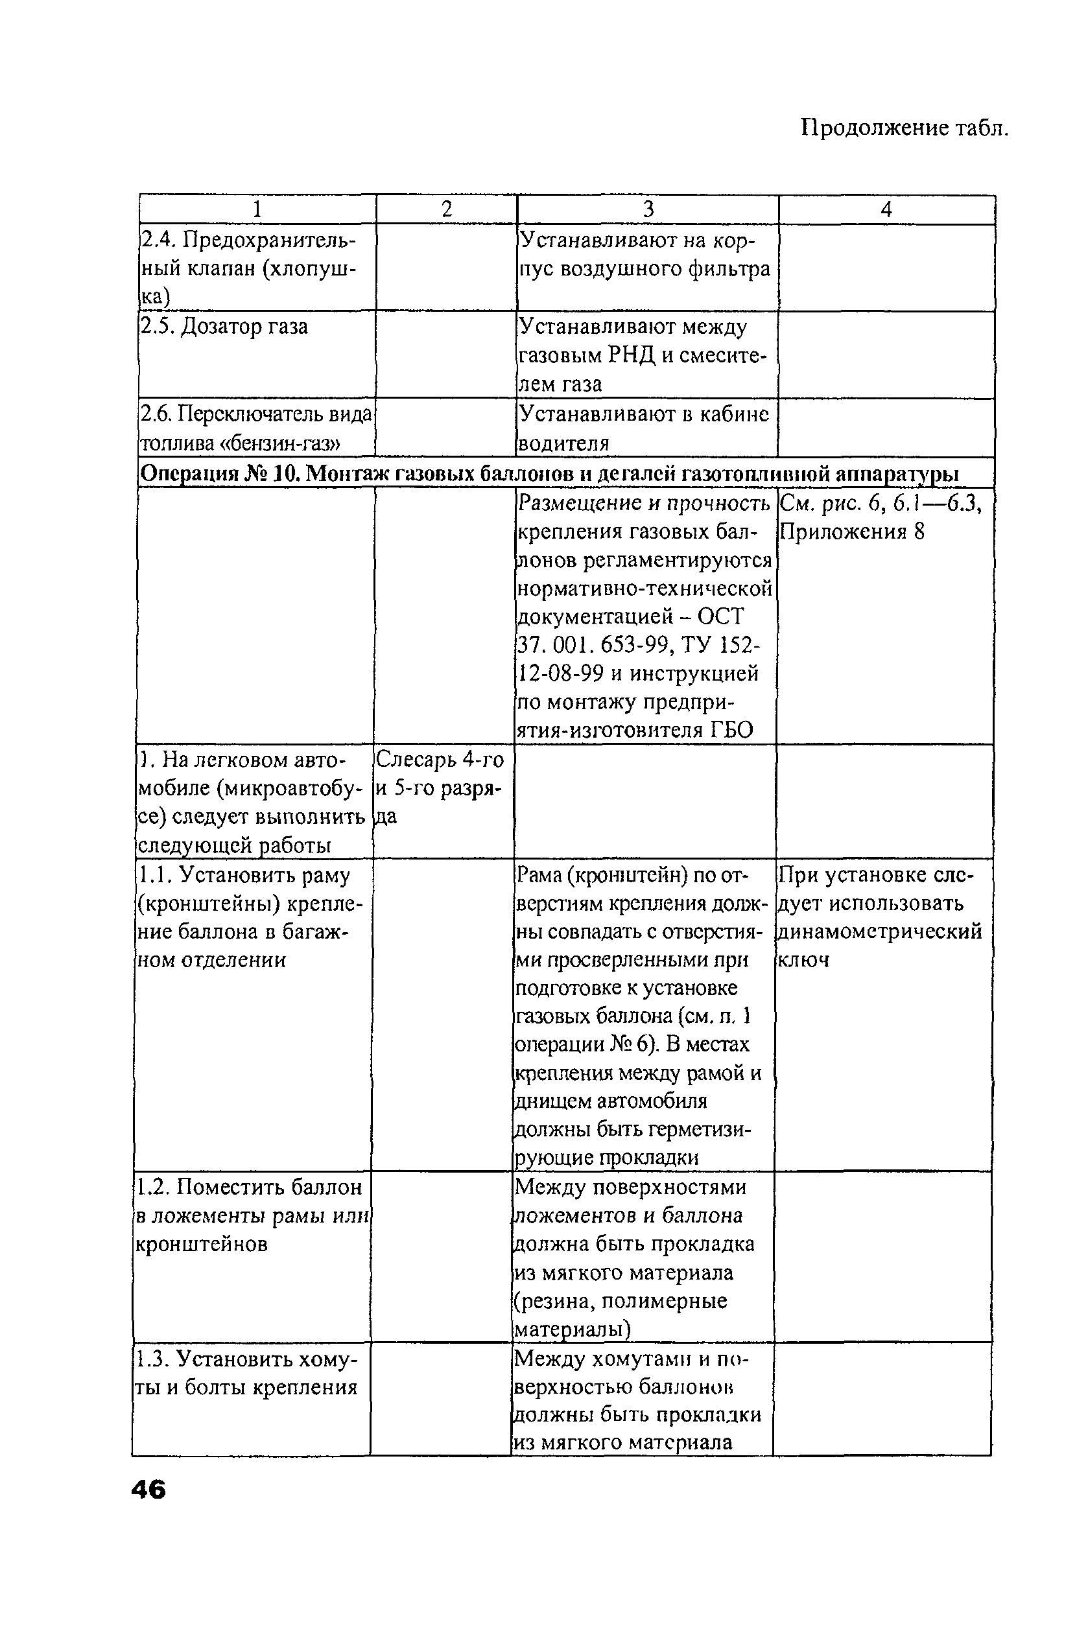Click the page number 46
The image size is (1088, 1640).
coord(148,1490)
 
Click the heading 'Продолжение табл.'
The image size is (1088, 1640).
coord(904,128)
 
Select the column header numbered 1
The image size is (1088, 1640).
coord(257,209)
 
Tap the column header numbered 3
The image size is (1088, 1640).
coord(648,209)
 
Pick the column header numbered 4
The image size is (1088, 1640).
coord(886,209)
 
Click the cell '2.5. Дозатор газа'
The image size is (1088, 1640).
coord(225,327)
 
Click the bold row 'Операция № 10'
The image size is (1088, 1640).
coord(548,474)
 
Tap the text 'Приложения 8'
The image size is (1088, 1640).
coord(852,532)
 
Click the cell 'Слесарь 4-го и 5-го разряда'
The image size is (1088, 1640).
coord(440,788)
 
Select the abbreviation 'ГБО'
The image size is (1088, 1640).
coord(731,731)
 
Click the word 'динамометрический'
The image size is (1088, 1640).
coord(879,931)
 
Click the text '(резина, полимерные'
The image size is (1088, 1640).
coord(621,1301)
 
